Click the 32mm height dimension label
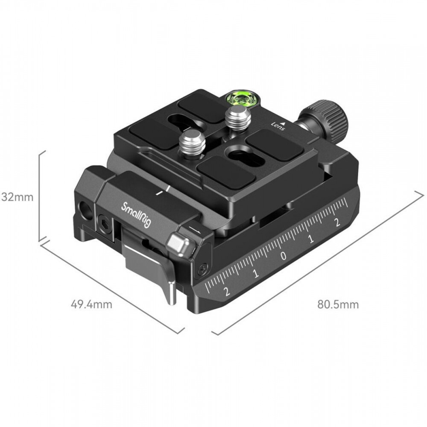pos(17,197)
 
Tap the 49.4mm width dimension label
pos(91,304)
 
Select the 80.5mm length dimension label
pos(338,304)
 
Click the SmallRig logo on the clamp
pos(136,215)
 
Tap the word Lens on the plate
pos(278,126)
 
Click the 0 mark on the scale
pos(284,256)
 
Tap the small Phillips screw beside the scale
pos(202,269)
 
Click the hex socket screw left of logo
pos(105,225)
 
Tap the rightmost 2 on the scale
pos(338,222)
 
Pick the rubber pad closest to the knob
pos(274,144)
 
